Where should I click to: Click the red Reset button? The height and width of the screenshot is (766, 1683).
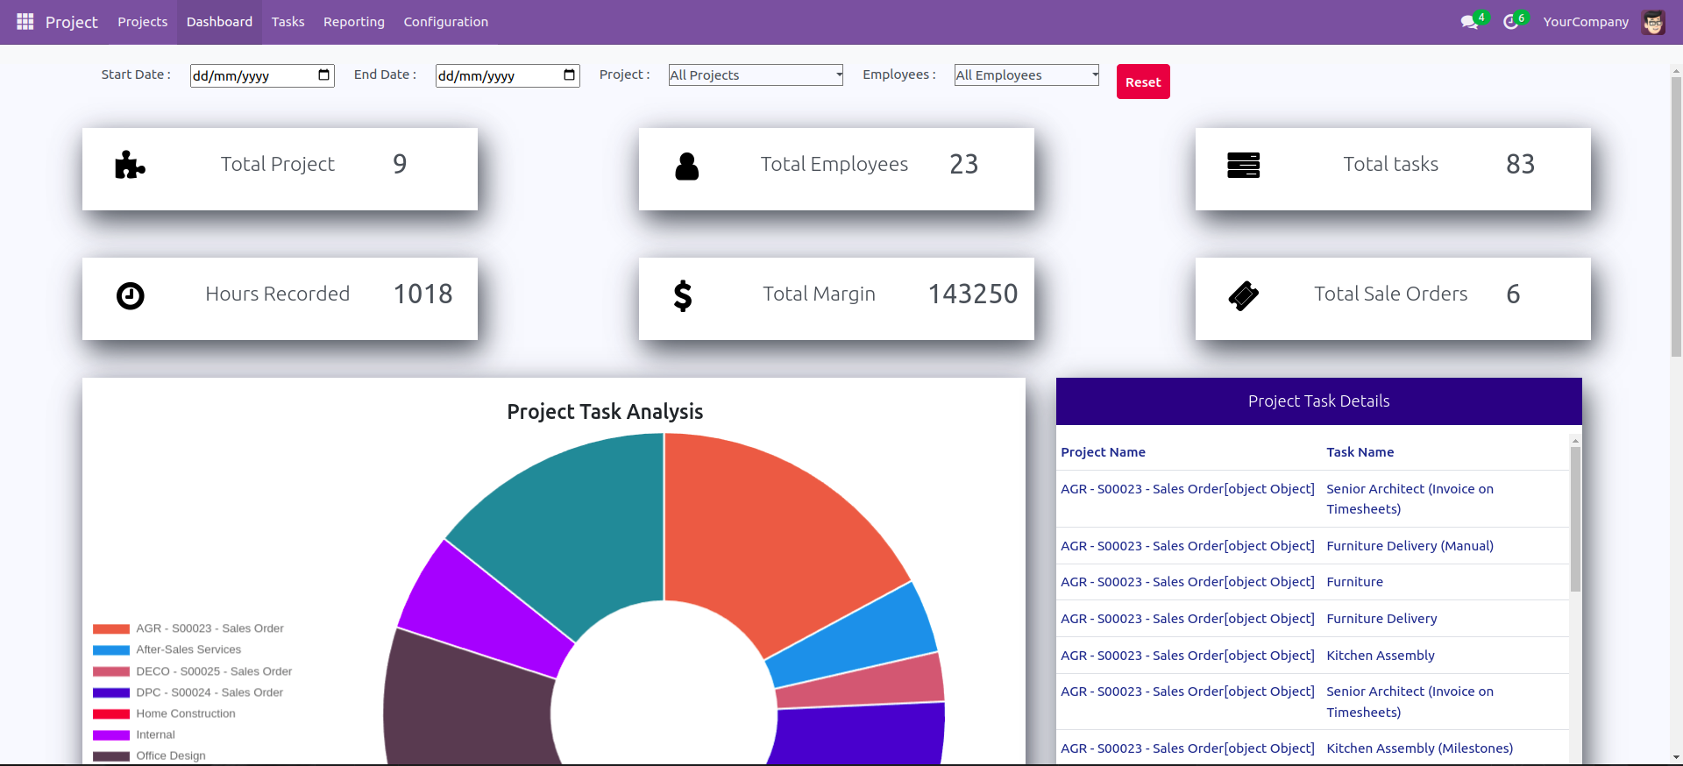point(1142,82)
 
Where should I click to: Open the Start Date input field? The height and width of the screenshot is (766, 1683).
point(254,76)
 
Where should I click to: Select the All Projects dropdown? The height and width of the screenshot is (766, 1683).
point(755,75)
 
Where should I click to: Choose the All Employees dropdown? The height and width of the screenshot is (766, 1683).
point(1026,75)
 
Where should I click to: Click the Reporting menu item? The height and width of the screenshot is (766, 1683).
point(353,22)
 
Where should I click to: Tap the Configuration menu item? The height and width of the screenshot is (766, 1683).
point(445,22)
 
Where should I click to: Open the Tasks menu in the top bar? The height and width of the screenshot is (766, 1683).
point(288,22)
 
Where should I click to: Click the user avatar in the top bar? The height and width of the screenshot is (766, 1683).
point(1653,23)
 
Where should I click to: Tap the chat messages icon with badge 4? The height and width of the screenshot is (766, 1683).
point(1470,22)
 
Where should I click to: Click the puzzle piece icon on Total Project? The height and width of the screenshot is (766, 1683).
point(130,165)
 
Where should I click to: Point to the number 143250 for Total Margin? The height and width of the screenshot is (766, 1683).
point(972,294)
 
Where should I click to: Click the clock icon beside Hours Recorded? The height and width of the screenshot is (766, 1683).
point(131,296)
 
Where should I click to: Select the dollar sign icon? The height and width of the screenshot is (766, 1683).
point(683,296)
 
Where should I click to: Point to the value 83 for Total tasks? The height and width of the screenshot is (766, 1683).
point(1520,165)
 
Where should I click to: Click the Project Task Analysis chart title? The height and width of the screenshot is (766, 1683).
point(605,412)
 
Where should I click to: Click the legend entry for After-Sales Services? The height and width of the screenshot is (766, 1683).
point(188,649)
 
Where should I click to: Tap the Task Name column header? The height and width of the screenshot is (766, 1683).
point(1360,452)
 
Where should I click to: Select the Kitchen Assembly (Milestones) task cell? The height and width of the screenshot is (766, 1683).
point(1419,748)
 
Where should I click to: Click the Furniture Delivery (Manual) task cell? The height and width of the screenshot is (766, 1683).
point(1410,546)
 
